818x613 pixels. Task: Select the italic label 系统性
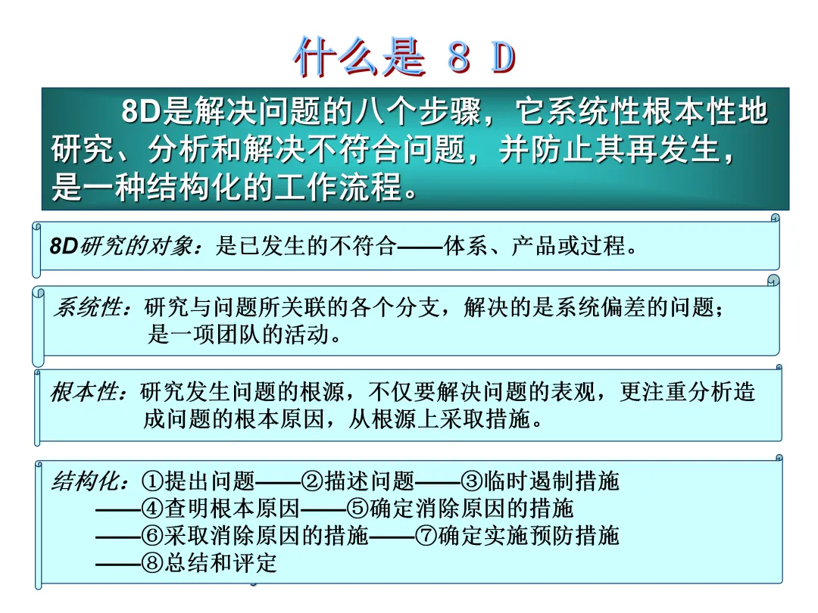pyautogui.click(x=88, y=307)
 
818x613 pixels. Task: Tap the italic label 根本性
pyautogui.click(x=84, y=392)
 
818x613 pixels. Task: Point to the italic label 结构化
pyautogui.click(x=85, y=481)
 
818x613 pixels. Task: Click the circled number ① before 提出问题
pyautogui.click(x=152, y=481)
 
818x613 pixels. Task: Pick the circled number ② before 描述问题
pyautogui.click(x=313, y=481)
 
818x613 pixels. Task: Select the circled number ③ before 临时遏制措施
pyautogui.click(x=472, y=481)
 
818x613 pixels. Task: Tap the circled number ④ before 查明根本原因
pyautogui.click(x=152, y=509)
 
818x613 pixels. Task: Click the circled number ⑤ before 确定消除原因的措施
pyautogui.click(x=357, y=509)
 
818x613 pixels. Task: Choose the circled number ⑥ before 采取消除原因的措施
pyautogui.click(x=152, y=536)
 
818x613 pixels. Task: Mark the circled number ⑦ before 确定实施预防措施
pyautogui.click(x=426, y=536)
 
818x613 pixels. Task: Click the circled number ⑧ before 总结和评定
pyautogui.click(x=152, y=563)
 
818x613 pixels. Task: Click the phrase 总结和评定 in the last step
pyautogui.click(x=220, y=563)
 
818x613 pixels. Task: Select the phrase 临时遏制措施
pyautogui.click(x=551, y=481)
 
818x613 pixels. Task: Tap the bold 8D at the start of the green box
pyautogui.click(x=141, y=111)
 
